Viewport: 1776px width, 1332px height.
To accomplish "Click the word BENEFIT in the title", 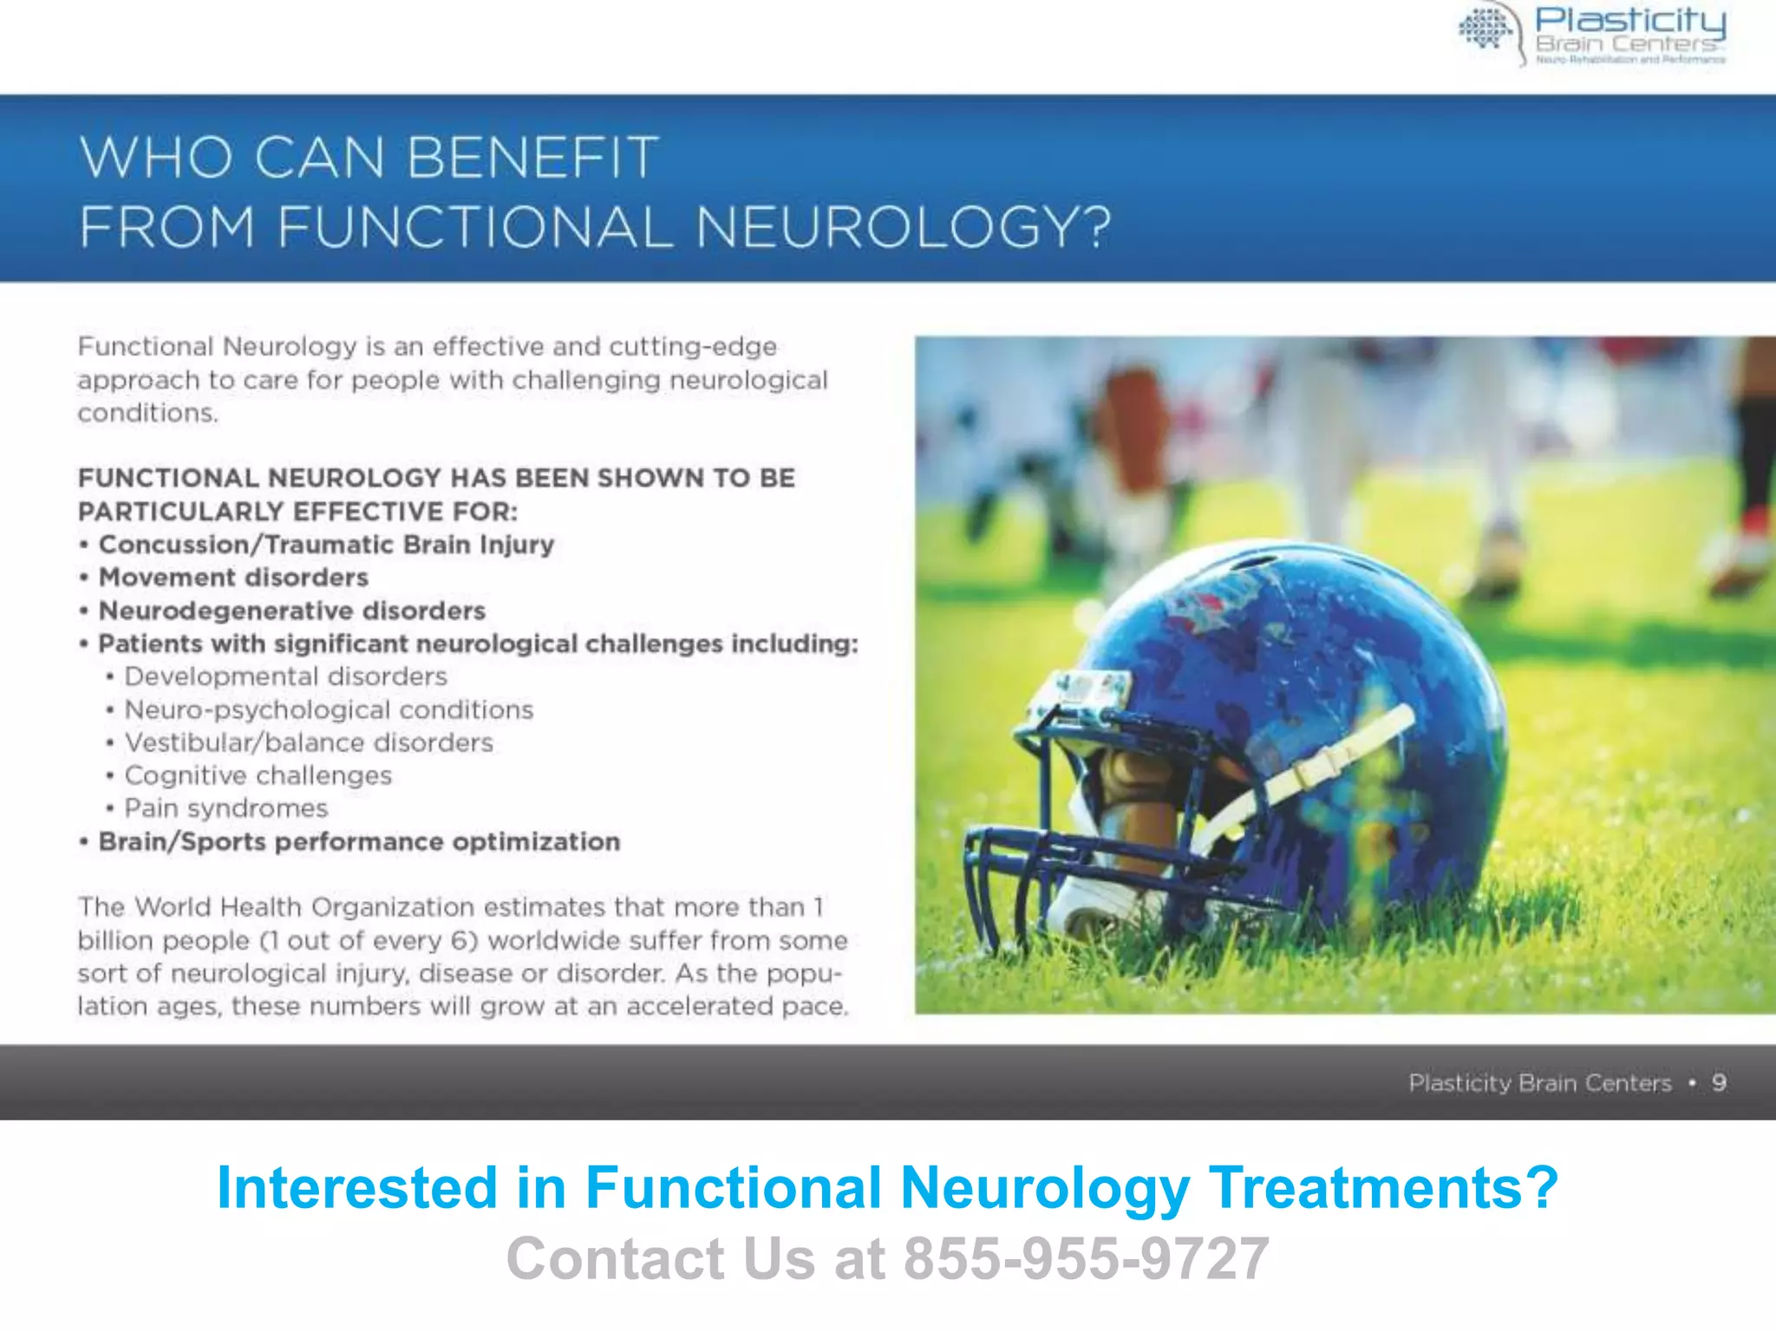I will (x=532, y=158).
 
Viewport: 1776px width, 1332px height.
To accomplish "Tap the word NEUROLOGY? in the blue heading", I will (x=903, y=227).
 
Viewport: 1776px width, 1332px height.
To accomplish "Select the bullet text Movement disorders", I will (x=233, y=578).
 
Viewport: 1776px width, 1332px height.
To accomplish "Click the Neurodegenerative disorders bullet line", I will (x=291, y=610).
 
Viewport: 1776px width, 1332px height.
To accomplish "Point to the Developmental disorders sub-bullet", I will (x=285, y=676).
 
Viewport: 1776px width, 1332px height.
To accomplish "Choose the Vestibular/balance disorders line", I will (x=309, y=743).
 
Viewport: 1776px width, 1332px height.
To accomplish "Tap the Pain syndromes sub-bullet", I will (x=225, y=808).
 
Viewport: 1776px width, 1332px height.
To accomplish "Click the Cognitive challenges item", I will (x=258, y=775).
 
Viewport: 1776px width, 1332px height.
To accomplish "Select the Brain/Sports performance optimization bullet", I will (x=359, y=842).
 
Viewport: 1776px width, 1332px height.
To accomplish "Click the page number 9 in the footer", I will (x=1719, y=1082).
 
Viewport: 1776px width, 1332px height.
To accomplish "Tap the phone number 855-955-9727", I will (x=1087, y=1258).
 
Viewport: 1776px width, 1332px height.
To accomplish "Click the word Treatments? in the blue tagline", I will (x=1383, y=1187).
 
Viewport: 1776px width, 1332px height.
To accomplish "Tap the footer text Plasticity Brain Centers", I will (x=1539, y=1083).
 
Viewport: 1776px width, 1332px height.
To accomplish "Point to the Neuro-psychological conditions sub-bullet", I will (x=329, y=710).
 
